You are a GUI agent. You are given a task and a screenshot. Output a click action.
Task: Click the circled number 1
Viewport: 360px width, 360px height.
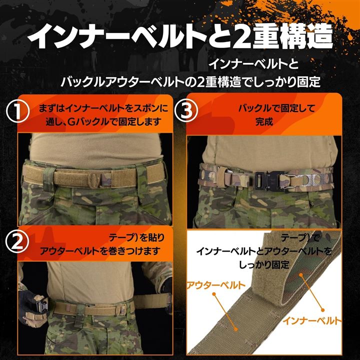[x=17, y=111]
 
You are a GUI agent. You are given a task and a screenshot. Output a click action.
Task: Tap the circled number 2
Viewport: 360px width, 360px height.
[x=17, y=242]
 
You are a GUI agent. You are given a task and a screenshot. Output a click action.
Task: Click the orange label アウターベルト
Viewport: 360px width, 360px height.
[x=216, y=285]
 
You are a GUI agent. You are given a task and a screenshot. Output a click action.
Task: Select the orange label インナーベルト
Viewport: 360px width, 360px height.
[x=312, y=320]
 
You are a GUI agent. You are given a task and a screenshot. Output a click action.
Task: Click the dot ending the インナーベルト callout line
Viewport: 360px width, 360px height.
[x=322, y=310]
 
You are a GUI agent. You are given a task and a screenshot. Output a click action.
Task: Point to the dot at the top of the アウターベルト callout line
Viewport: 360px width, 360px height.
[x=214, y=294]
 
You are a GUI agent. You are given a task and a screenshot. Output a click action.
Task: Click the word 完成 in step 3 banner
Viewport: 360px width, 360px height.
[x=264, y=122]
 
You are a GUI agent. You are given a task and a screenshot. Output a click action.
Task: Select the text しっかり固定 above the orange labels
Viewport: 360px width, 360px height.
[x=264, y=264]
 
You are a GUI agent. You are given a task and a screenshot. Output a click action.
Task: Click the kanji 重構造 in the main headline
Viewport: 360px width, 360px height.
[x=292, y=36]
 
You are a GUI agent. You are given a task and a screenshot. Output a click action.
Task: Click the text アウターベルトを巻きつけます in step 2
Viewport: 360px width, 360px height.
[x=100, y=251]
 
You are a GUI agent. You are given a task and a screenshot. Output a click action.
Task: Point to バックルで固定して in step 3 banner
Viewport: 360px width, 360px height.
[x=276, y=108]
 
